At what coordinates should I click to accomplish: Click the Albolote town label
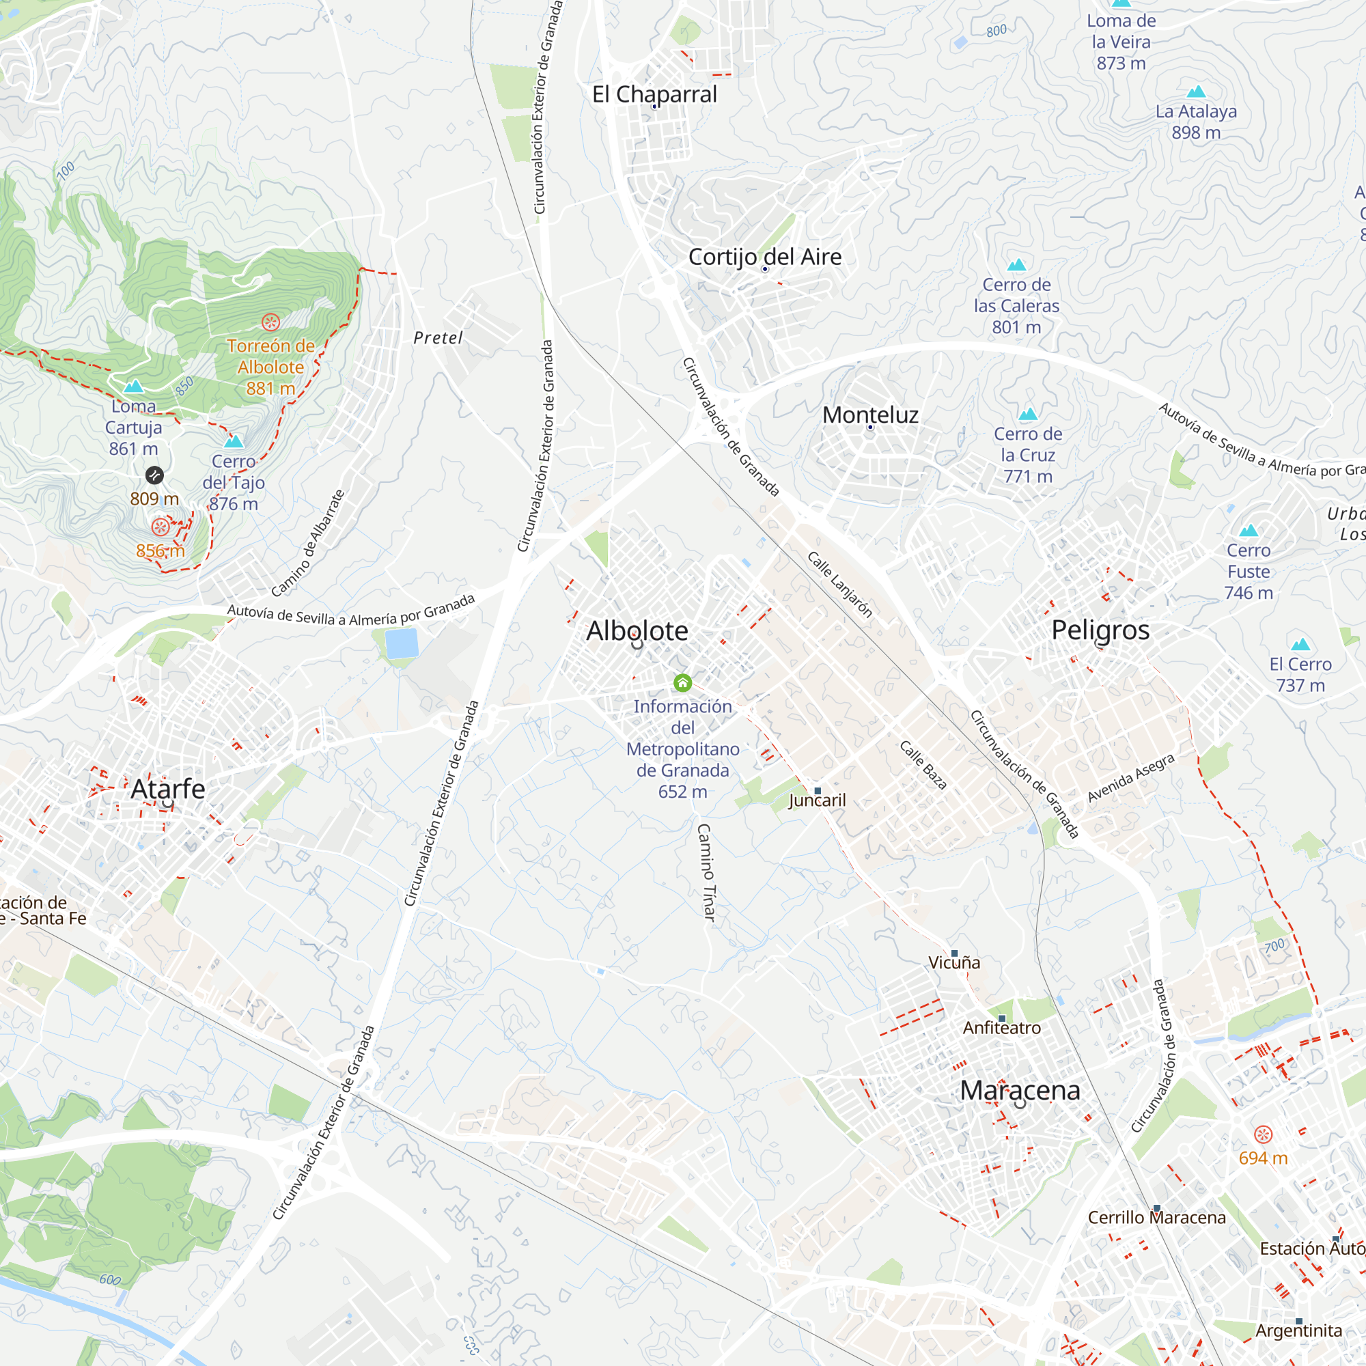pos(637,630)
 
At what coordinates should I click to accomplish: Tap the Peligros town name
pos(1100,630)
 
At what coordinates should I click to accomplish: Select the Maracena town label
pos(1020,1090)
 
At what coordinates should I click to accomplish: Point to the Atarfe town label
pos(167,788)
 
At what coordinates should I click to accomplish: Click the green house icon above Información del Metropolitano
pos(682,682)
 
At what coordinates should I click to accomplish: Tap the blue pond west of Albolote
pos(402,643)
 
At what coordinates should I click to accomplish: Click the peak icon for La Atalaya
pos(1196,92)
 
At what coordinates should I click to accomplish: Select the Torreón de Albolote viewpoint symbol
pos(270,322)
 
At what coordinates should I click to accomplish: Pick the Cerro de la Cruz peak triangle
pos(1028,414)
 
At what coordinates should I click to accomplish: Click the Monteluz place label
pos(870,415)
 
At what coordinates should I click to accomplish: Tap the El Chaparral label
pos(654,94)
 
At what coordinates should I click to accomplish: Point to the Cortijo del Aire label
pos(765,257)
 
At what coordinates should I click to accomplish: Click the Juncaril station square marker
pos(818,790)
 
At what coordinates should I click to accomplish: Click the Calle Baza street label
pos(923,764)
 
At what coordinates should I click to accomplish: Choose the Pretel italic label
pos(438,338)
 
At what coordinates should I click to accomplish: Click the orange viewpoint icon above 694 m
pos(1263,1134)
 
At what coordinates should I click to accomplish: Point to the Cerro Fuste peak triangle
pos(1249,530)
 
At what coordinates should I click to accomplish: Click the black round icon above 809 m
pos(154,475)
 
